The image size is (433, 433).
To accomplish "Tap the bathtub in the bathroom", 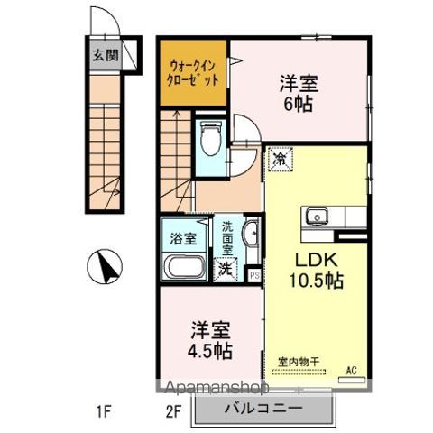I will click(x=186, y=269).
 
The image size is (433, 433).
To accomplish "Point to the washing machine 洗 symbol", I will click(x=225, y=268).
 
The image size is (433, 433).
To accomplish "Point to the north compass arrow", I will click(x=106, y=266).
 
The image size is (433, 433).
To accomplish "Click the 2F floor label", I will click(x=174, y=413).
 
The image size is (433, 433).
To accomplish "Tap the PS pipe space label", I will click(x=254, y=275).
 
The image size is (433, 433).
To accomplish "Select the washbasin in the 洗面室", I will click(x=250, y=237).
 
